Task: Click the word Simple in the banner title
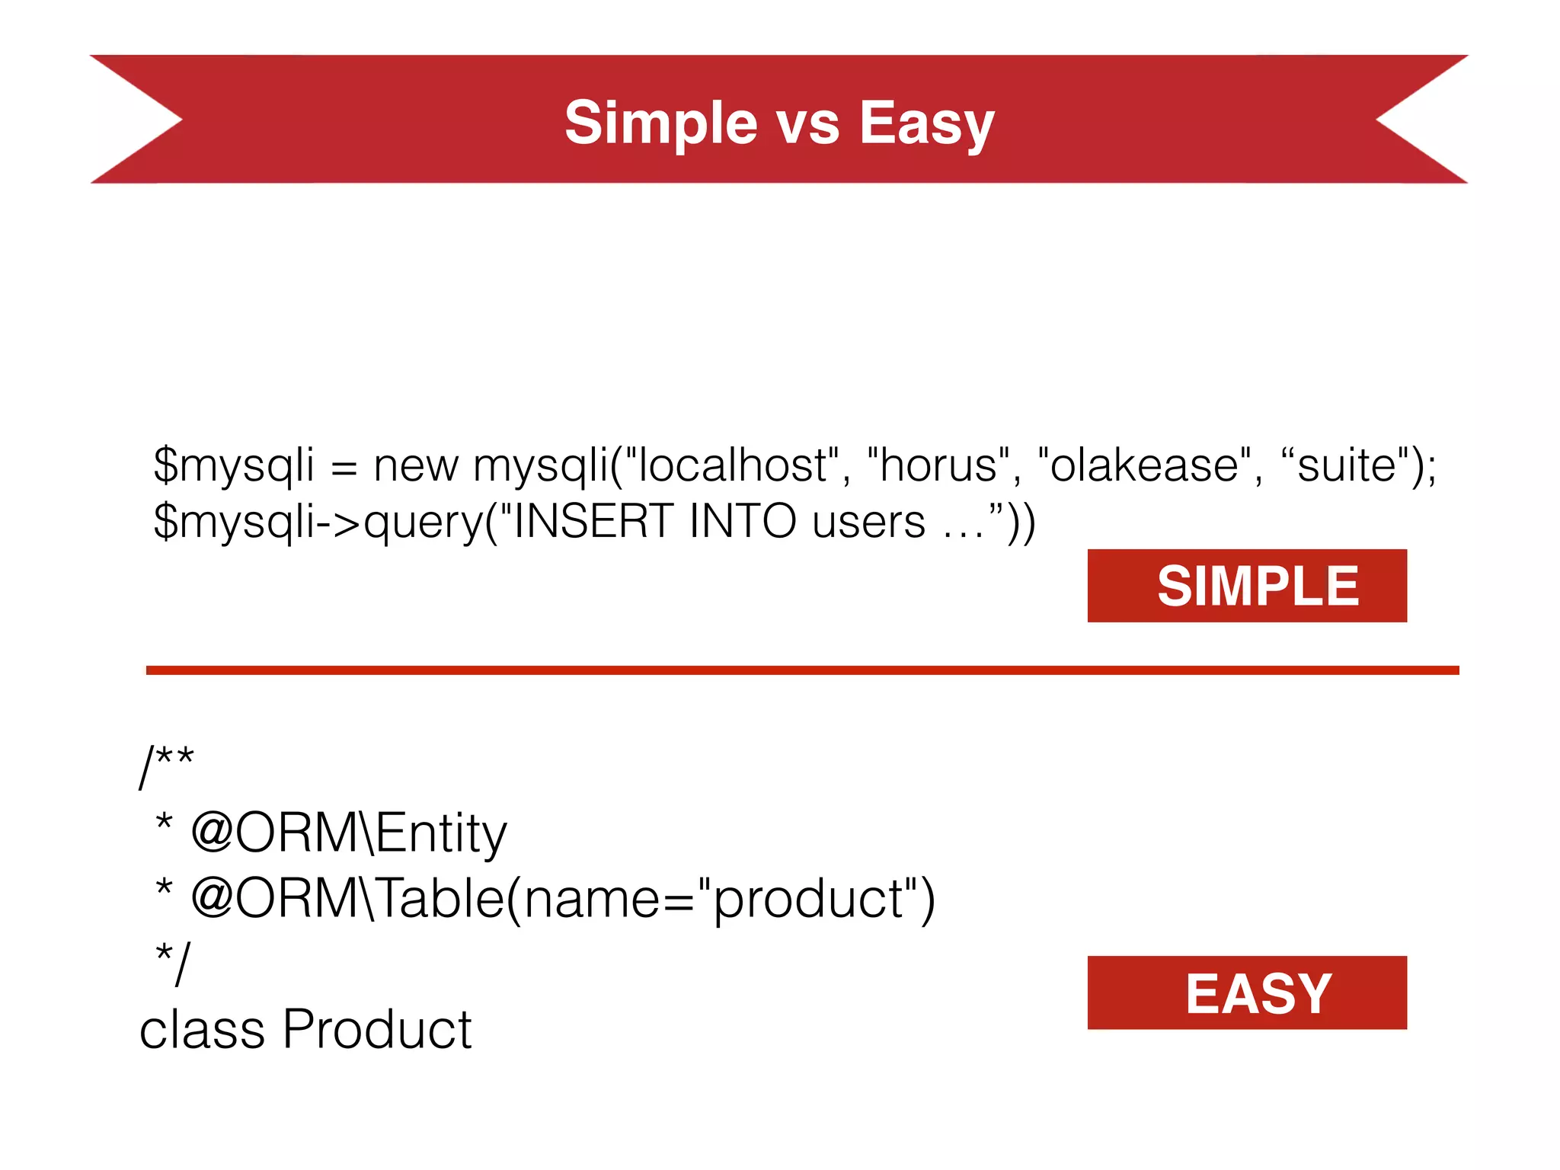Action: (660, 123)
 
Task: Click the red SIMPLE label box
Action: (1247, 586)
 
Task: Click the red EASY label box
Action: (1247, 993)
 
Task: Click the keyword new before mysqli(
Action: (416, 466)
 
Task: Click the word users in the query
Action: (868, 523)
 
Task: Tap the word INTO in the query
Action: (742, 522)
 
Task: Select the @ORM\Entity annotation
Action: (349, 833)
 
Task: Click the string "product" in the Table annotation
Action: (807, 900)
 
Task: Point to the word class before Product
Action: (202, 1029)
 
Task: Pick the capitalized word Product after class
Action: (378, 1029)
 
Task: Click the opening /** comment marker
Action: (167, 765)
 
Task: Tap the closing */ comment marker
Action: (172, 963)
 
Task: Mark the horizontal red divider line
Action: (802, 670)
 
